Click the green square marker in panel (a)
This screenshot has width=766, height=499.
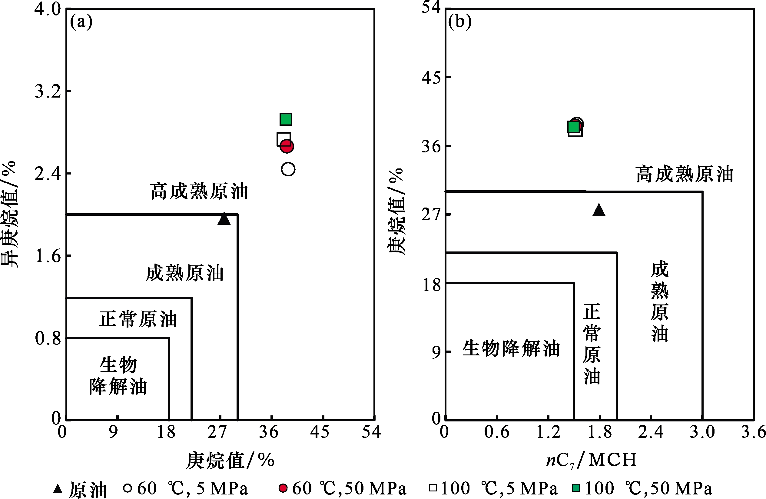(x=286, y=119)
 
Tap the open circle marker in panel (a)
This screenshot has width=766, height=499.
(x=288, y=169)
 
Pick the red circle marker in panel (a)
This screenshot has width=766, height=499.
(x=287, y=146)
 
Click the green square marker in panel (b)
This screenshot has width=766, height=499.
(x=574, y=127)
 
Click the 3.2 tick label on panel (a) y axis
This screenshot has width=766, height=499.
(x=48, y=91)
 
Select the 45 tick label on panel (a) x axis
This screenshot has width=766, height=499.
(x=319, y=432)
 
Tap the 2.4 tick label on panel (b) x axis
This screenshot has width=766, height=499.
(x=651, y=432)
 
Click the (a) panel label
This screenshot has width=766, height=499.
(x=81, y=22)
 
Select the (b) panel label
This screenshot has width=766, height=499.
(x=459, y=22)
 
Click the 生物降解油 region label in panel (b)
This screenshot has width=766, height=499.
(x=511, y=348)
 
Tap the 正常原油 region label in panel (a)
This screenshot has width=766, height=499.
(x=138, y=319)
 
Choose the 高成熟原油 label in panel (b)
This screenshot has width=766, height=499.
(x=684, y=174)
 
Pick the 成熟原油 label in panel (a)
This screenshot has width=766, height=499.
(x=184, y=273)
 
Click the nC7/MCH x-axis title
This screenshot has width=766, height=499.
(x=592, y=459)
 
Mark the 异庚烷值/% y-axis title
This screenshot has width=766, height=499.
(x=9, y=214)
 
